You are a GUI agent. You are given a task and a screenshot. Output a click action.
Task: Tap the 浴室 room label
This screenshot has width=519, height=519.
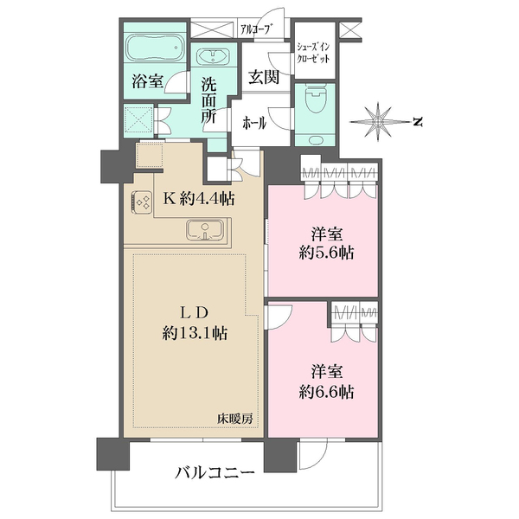147,80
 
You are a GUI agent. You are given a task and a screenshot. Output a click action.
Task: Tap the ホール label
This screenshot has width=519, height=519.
253,123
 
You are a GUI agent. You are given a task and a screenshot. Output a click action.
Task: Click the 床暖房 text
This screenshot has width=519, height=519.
234,418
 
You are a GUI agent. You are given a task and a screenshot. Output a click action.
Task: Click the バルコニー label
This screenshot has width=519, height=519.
214,473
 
